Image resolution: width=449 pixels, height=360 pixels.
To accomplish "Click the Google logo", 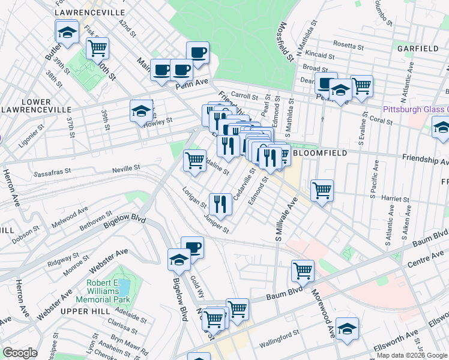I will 20,353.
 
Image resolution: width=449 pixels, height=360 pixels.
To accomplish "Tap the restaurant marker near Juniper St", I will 220,204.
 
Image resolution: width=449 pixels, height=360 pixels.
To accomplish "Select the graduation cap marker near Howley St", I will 141,111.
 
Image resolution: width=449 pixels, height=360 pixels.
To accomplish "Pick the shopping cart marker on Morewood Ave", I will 303,271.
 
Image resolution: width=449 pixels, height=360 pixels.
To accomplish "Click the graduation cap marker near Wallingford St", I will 347,328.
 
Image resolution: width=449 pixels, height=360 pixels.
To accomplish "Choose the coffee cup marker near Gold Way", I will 192,247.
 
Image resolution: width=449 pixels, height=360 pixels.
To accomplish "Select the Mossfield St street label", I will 285,42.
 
